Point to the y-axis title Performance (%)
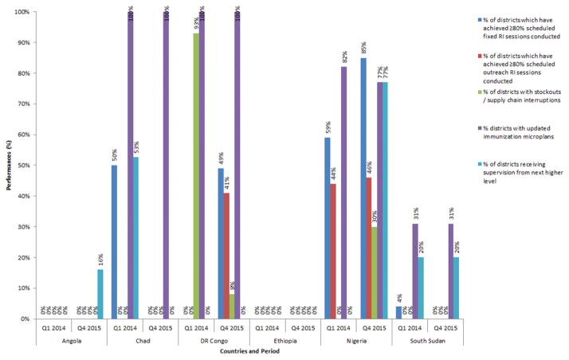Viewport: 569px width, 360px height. tap(6, 166)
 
